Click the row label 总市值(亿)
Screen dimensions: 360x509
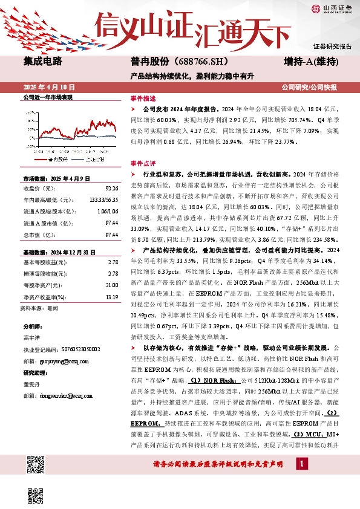[x=38, y=234]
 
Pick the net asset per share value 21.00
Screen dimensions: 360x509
[x=111, y=285]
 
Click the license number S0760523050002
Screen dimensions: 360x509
[x=74, y=349]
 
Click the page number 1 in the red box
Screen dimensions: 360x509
[x=301, y=463]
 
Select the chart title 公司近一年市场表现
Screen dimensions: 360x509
[x=47, y=97]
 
